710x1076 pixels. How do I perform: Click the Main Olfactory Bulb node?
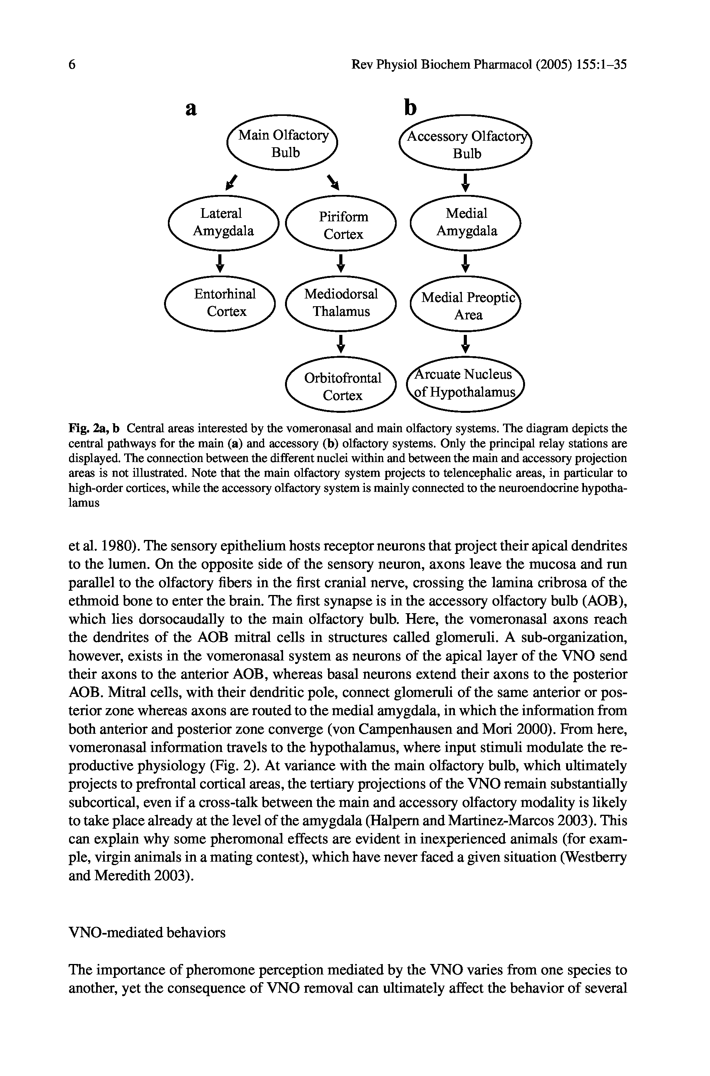(283, 143)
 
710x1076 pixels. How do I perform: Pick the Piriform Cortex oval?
(342, 225)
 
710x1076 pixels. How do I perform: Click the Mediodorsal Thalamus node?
(341, 303)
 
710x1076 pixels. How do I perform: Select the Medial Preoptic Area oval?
(466, 305)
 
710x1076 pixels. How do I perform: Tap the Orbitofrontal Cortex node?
(342, 386)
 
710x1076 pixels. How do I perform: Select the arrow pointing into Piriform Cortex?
(334, 182)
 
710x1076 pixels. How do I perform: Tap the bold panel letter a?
(192, 109)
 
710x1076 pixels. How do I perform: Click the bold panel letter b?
(410, 108)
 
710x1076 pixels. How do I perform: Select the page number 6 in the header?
(72, 65)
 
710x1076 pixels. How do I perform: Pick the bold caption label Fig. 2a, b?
(94, 428)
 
